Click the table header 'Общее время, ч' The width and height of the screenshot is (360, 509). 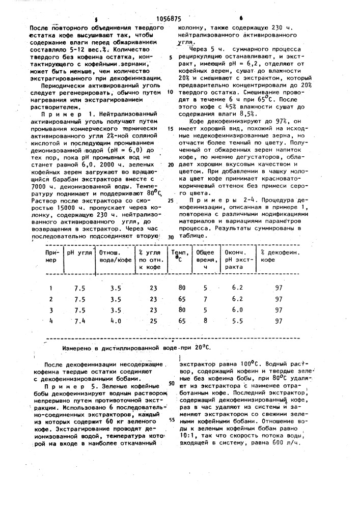[x=205, y=259]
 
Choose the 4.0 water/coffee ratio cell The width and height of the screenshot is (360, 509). [x=116, y=321]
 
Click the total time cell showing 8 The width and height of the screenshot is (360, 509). [x=205, y=321]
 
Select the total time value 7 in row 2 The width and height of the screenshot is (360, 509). [x=205, y=299]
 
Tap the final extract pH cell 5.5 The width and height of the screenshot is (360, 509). [x=237, y=321]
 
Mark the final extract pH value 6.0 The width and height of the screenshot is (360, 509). [x=237, y=309]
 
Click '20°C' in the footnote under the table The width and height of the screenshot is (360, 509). [x=201, y=348]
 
